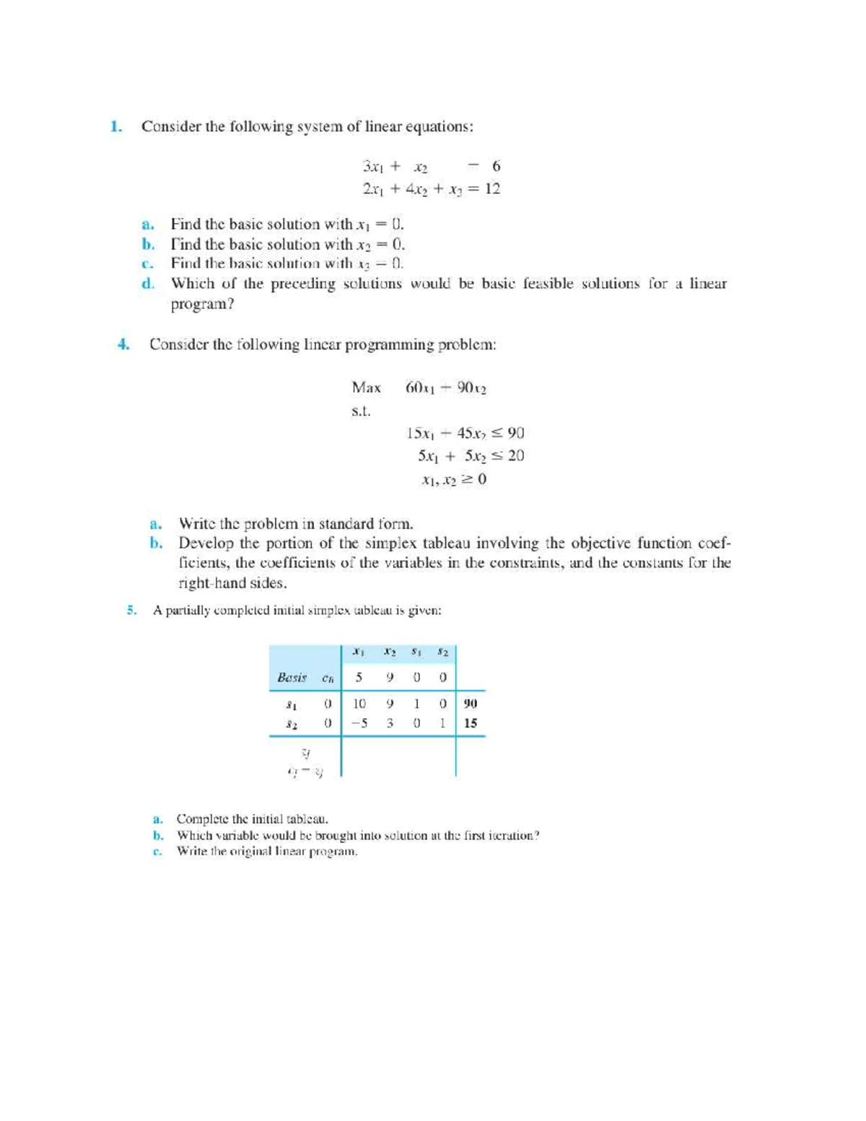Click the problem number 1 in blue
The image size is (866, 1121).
(115, 127)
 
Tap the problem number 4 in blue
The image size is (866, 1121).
(123, 344)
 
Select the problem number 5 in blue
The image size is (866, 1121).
(131, 611)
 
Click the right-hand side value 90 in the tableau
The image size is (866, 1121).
(471, 703)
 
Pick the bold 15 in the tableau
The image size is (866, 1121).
(471, 723)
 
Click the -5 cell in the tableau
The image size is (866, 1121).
(359, 723)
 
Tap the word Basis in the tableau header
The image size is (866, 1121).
(292, 678)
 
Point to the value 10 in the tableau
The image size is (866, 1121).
(359, 703)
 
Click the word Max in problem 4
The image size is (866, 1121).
(366, 388)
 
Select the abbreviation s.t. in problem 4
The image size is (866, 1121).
(361, 411)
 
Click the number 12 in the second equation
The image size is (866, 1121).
(492, 189)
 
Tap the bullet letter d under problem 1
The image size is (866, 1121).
(148, 284)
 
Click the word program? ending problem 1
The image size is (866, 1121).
(202, 305)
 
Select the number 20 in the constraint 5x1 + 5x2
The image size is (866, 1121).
(515, 456)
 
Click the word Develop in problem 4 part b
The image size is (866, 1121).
(206, 544)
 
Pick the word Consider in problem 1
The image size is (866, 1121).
(171, 127)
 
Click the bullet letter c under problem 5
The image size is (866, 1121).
(156, 852)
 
